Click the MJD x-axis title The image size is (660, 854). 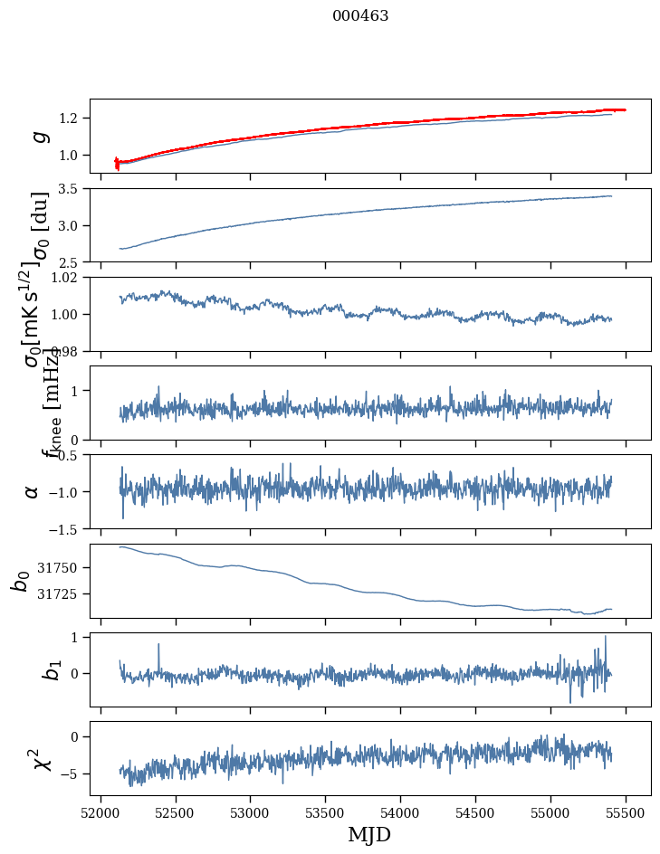pyautogui.click(x=369, y=834)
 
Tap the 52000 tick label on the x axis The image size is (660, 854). pyautogui.click(x=100, y=813)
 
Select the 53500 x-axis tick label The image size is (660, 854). pyautogui.click(x=326, y=813)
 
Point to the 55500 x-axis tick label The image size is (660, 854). pyautogui.click(x=627, y=813)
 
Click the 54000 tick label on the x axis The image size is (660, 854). pyautogui.click(x=401, y=813)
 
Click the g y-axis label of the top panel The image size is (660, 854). pyautogui.click(x=38, y=137)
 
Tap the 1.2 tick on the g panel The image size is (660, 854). pyautogui.click(x=72, y=119)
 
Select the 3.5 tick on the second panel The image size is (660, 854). pyautogui.click(x=72, y=189)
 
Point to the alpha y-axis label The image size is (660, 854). pyautogui.click(x=33, y=491)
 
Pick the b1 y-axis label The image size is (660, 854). pyautogui.click(x=27, y=669)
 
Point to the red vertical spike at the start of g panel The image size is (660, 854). pyautogui.click(x=117, y=163)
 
